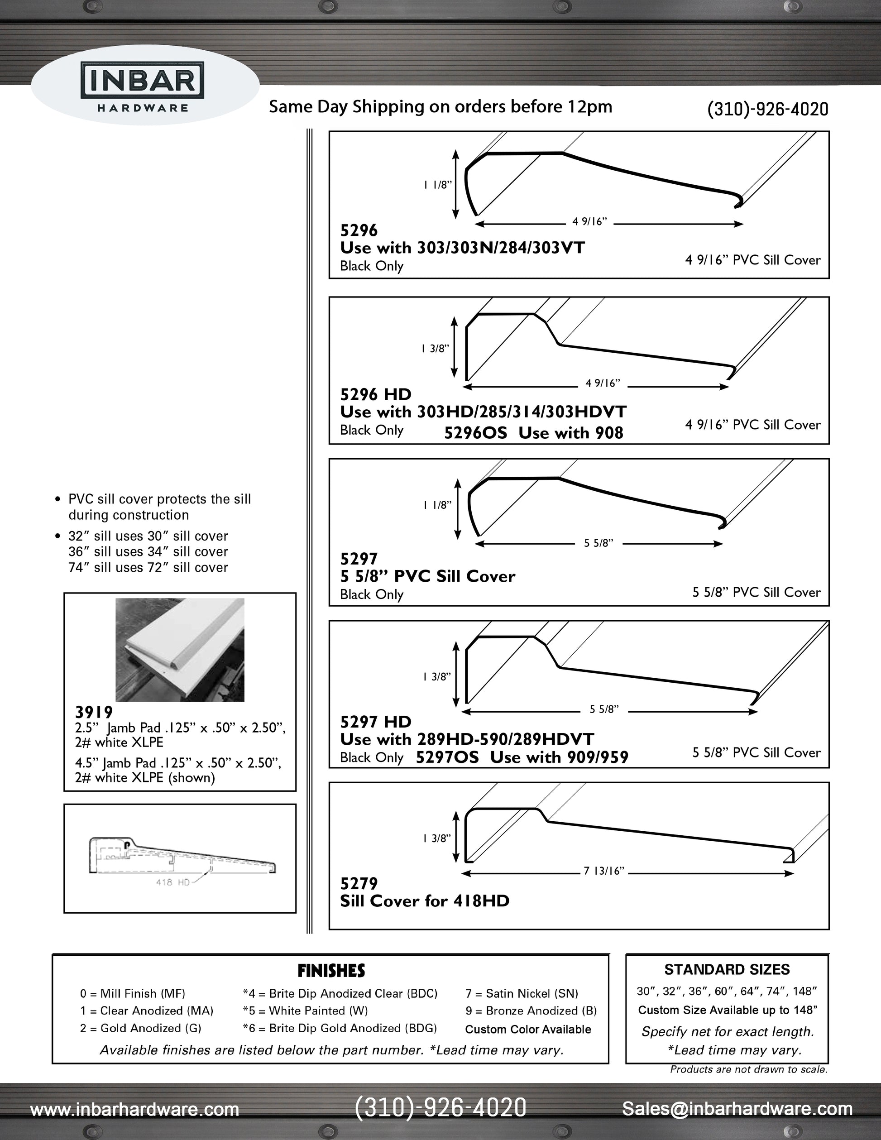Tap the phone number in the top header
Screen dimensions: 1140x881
point(767,109)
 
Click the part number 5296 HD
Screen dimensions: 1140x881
point(375,395)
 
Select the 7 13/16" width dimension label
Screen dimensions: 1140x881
point(604,871)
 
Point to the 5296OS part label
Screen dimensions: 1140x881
point(475,433)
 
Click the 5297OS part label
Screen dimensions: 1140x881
point(447,757)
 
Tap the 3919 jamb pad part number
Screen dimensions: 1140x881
point(94,712)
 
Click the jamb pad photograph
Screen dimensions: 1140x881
point(180,649)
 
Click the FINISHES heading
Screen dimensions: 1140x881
point(331,971)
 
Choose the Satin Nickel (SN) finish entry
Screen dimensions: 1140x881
point(522,994)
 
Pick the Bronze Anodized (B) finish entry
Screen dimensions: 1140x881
point(531,1011)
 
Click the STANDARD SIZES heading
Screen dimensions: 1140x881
point(727,970)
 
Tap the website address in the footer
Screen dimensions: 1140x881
point(134,1109)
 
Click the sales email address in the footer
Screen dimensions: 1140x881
point(737,1108)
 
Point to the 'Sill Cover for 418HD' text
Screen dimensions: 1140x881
point(424,901)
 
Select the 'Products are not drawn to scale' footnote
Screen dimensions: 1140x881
point(748,1069)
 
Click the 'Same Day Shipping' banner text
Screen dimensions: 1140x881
point(440,107)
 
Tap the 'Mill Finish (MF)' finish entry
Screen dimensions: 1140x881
point(133,994)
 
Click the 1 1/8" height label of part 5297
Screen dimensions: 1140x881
point(437,505)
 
